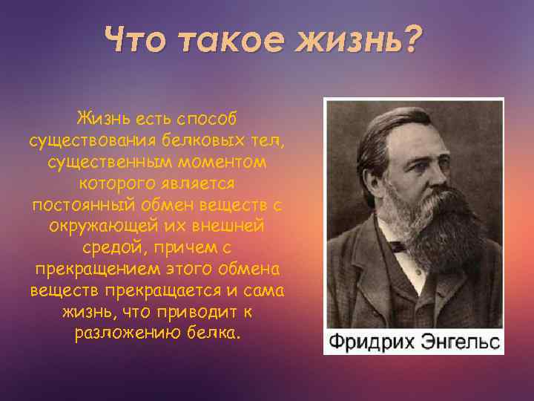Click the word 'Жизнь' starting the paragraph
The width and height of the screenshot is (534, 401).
click(102, 120)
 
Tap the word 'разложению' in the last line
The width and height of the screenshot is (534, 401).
click(116, 332)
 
